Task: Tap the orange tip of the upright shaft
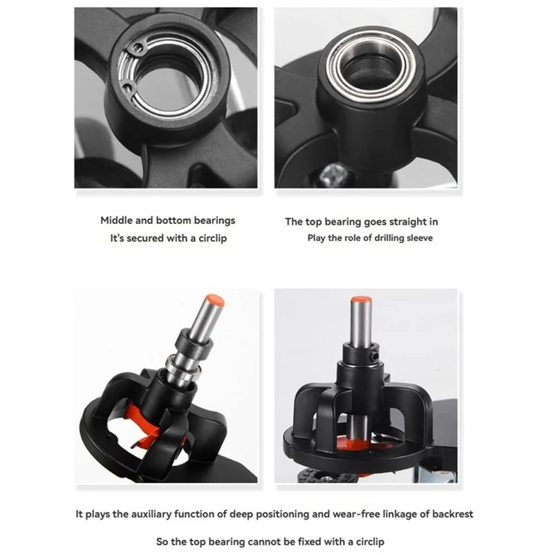(x=360, y=301)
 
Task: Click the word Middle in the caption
(x=117, y=221)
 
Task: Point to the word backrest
(x=453, y=514)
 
